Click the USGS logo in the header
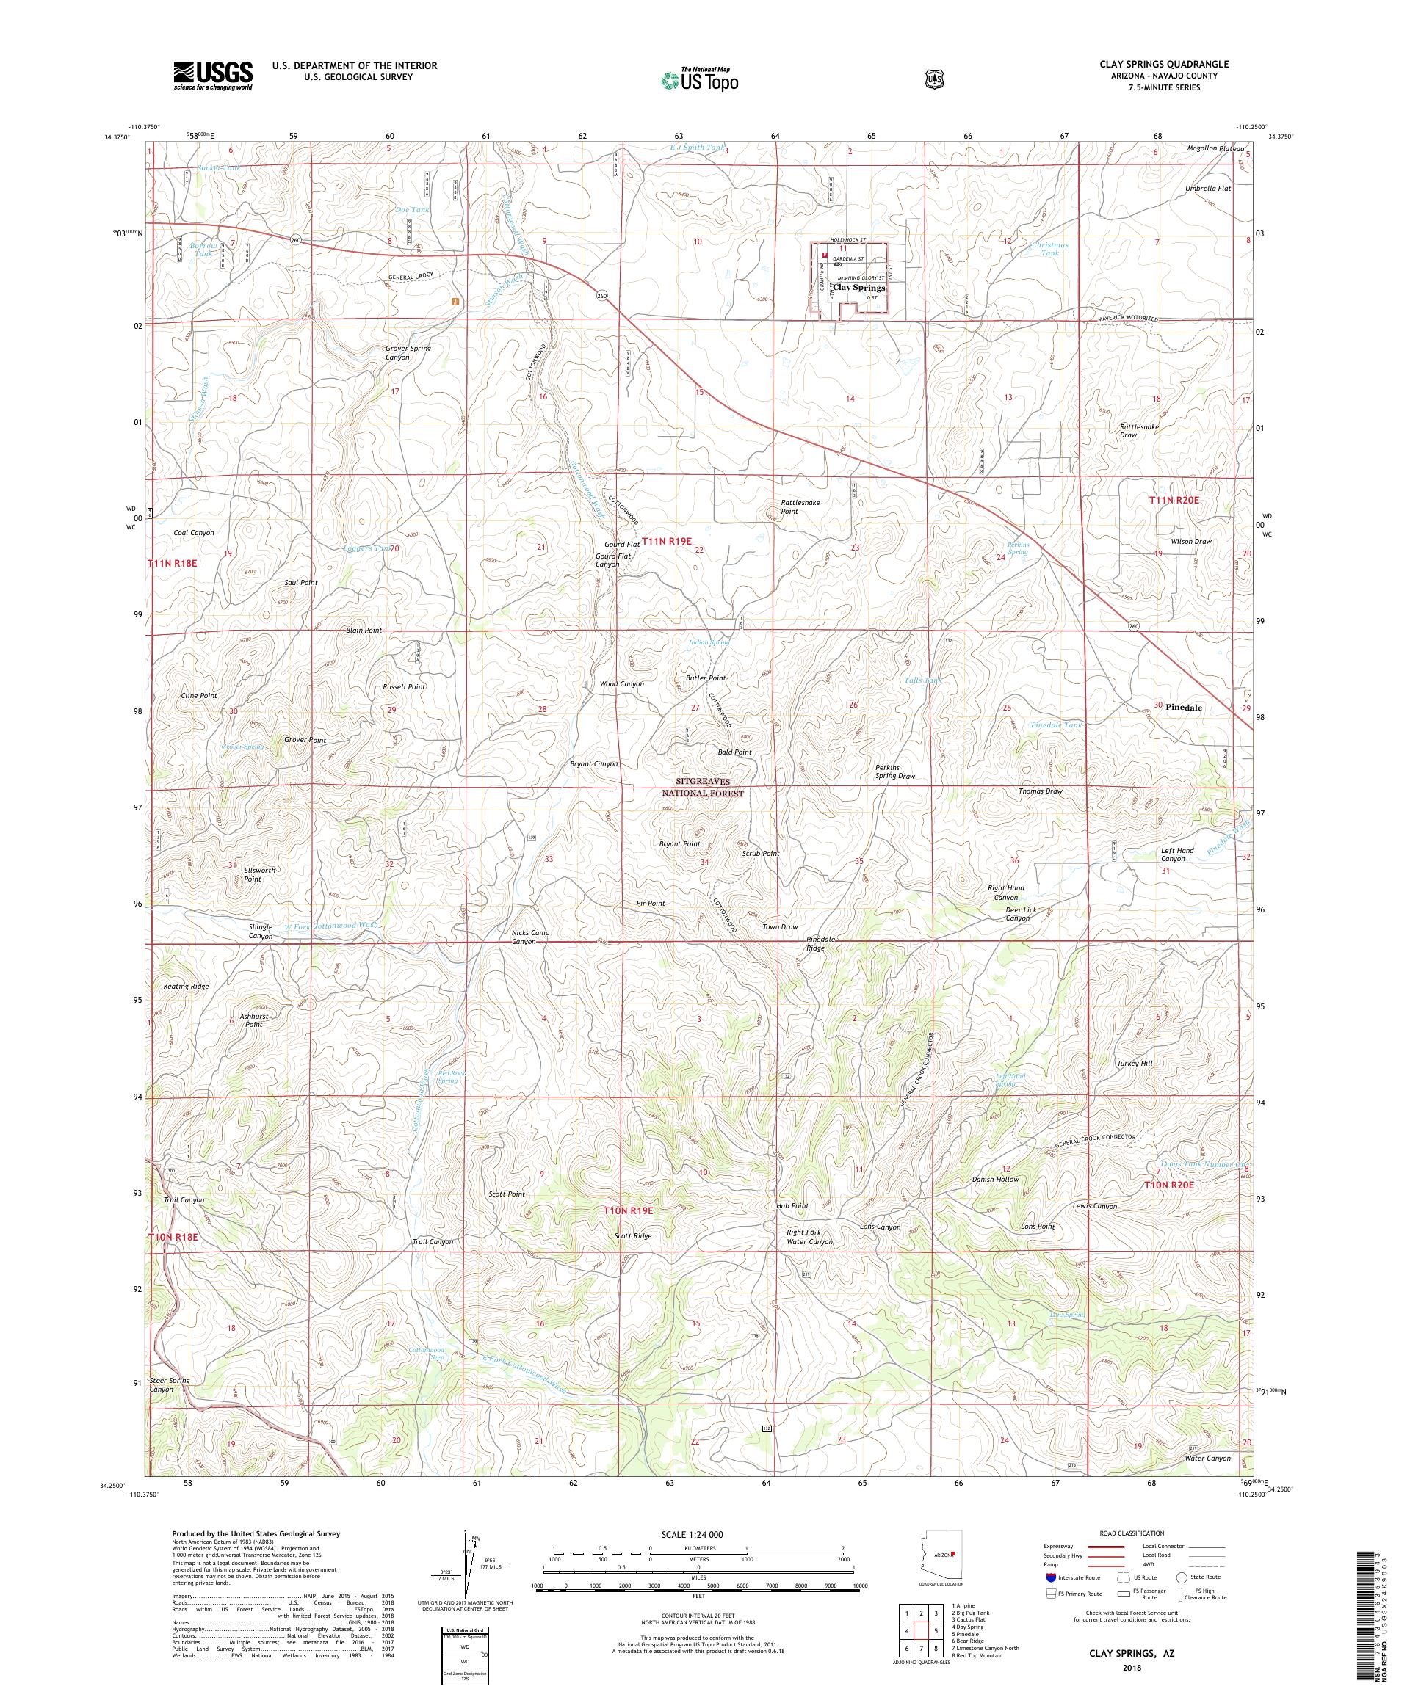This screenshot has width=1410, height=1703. (x=212, y=76)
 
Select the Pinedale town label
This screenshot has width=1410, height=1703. (x=1183, y=707)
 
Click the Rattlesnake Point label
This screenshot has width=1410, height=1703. (x=800, y=506)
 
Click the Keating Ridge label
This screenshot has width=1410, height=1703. (x=186, y=986)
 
